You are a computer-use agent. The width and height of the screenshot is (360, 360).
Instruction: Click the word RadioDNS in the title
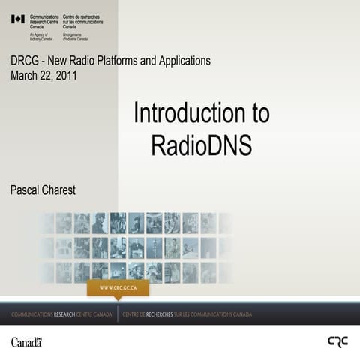(x=201, y=144)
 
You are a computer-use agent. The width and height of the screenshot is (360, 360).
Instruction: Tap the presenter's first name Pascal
(x=26, y=190)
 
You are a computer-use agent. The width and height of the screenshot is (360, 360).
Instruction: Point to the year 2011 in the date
(x=64, y=75)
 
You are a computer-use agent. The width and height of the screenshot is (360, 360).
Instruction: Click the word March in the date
(x=25, y=75)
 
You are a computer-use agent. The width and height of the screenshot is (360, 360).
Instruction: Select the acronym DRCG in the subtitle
(x=25, y=61)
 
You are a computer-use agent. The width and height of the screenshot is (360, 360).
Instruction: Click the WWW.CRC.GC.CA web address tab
(x=118, y=288)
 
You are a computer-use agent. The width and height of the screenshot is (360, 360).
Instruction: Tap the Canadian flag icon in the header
(x=18, y=19)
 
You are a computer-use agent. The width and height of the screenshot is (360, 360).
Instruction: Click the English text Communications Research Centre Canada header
(x=46, y=21)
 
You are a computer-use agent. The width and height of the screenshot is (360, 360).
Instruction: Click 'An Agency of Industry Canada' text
(x=41, y=36)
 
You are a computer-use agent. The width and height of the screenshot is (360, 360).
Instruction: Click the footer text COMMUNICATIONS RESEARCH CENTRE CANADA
(x=61, y=313)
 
